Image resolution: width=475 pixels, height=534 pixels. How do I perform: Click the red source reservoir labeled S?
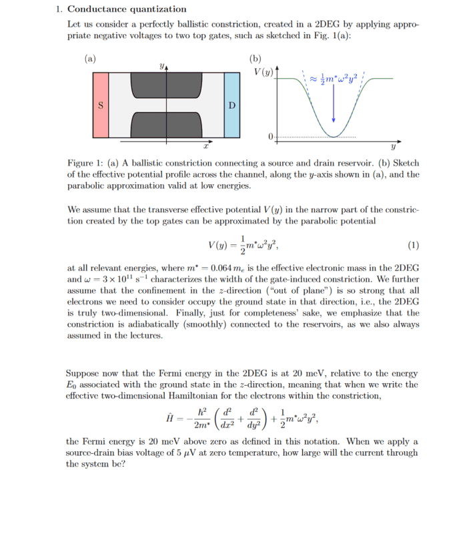pos(100,105)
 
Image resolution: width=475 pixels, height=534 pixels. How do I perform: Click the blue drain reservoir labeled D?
pos(231,105)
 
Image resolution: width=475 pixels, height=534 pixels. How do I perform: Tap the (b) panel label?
pos(256,57)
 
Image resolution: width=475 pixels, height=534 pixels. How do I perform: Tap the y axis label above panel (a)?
pos(161,65)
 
